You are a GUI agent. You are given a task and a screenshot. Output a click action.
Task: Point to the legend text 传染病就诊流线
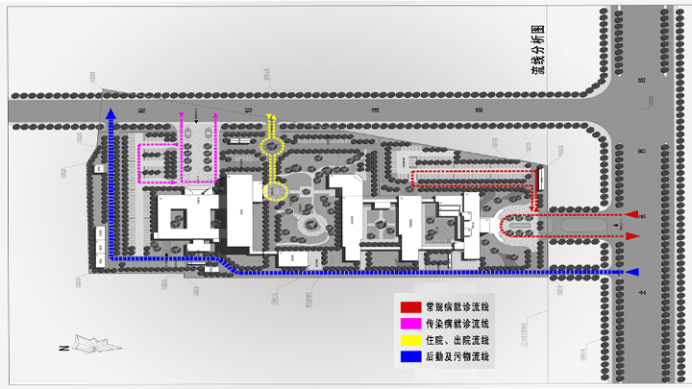(457, 323)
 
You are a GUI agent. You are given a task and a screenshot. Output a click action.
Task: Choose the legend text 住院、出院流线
(457, 340)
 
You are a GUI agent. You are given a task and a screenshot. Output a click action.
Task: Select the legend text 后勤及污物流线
(457, 357)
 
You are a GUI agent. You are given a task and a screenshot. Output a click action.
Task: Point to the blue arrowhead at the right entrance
(634, 272)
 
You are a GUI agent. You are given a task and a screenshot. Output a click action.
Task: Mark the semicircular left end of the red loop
(506, 226)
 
